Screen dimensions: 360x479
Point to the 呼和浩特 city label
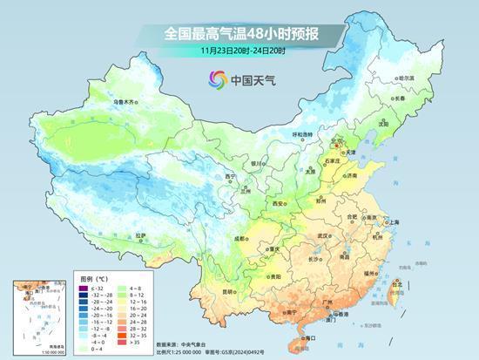point(302,134)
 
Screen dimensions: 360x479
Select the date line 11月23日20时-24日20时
point(242,51)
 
